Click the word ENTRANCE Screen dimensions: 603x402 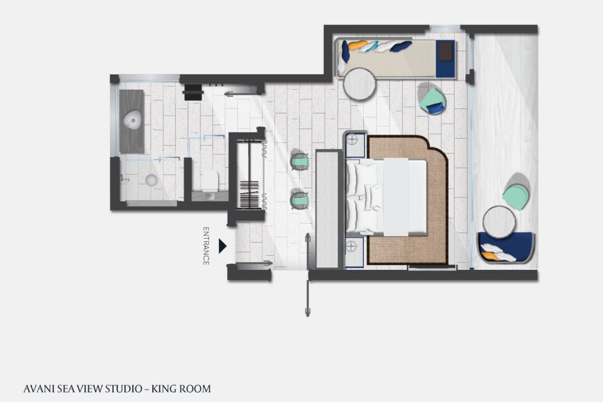click(206, 246)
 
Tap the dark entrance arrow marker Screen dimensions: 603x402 click(222, 246)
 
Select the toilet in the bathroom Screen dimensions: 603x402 click(210, 181)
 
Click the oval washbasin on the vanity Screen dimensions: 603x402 click(132, 120)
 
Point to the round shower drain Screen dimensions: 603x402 click(151, 180)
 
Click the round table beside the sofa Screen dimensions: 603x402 click(359, 84)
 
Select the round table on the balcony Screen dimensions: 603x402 click(499, 222)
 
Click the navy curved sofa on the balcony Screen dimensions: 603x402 click(506, 247)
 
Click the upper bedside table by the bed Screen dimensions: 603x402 click(355, 145)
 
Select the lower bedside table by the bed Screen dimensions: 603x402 click(354, 252)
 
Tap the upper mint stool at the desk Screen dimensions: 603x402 click(299, 161)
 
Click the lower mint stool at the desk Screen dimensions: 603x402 click(299, 200)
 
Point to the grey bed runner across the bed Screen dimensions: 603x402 click(396, 197)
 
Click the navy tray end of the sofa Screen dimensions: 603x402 click(445, 59)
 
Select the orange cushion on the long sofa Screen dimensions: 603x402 click(358, 45)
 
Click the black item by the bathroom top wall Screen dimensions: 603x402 click(193, 92)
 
